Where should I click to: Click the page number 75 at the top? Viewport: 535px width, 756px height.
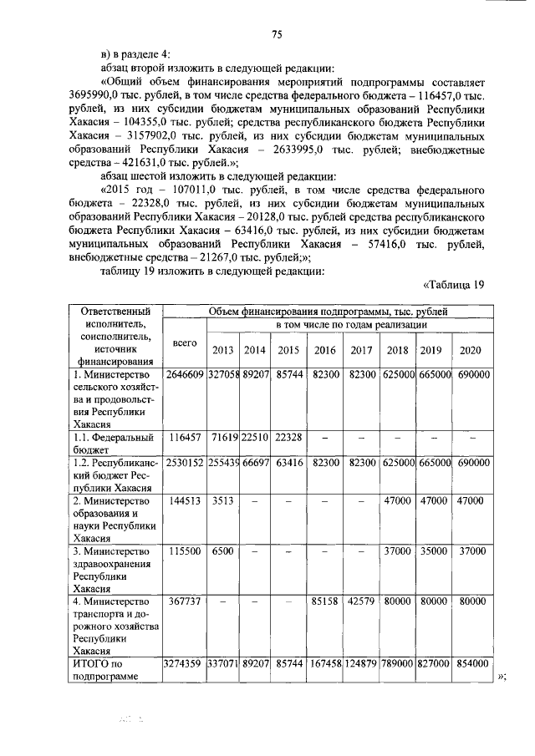pos(277,34)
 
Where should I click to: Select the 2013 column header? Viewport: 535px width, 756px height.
pos(222,350)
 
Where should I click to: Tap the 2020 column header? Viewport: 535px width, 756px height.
pos(471,350)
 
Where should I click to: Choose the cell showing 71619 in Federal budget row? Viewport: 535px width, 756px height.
pos(223,437)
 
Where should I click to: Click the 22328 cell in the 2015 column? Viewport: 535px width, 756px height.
pos(288,437)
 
